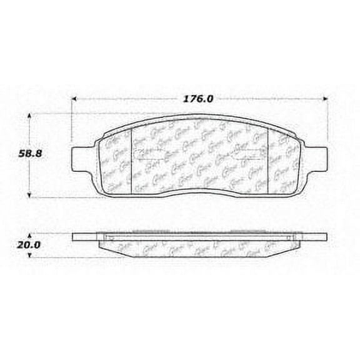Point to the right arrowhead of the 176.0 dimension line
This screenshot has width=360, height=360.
(x=324, y=98)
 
